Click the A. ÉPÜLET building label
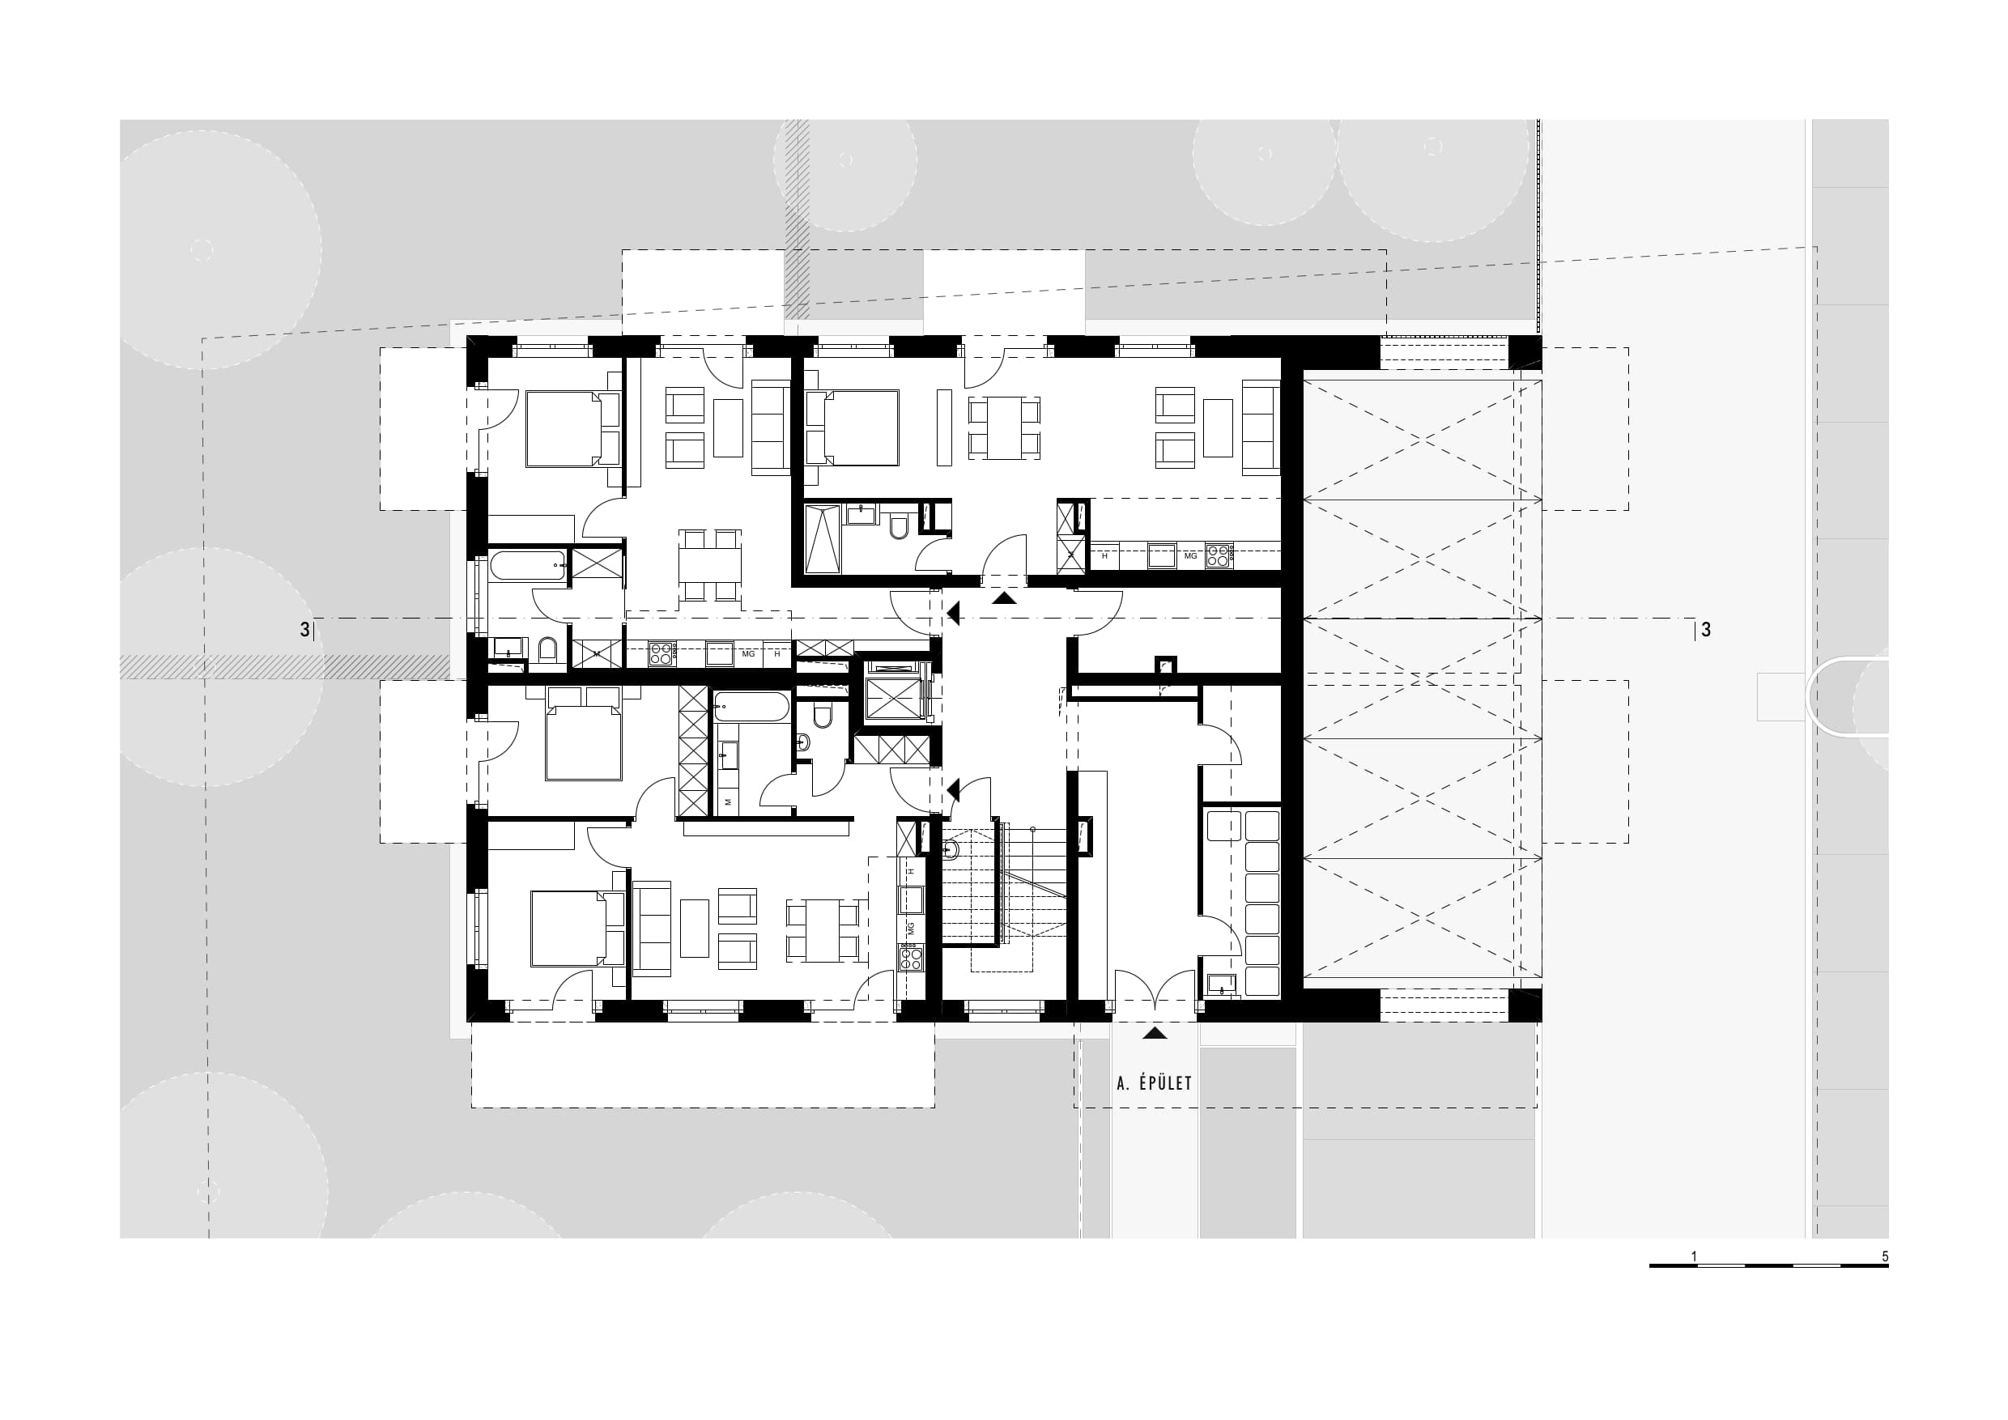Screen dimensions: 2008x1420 1155,1083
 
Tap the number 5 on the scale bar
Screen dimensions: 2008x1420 1885,1256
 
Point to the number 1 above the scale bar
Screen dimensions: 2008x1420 1694,1256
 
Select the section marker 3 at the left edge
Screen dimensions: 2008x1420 304,630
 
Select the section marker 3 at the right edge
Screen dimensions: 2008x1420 1705,630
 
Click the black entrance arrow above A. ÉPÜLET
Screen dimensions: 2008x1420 1155,1033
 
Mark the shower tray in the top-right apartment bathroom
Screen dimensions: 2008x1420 822,538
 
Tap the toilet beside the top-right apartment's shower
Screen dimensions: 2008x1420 898,526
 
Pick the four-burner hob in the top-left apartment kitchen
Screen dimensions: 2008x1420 662,654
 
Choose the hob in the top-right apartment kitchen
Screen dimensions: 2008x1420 1219,556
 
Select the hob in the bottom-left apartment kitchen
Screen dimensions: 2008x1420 910,959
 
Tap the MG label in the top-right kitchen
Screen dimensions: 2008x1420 1190,556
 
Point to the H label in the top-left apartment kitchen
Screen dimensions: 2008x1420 776,654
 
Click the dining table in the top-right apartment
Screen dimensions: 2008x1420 1005,427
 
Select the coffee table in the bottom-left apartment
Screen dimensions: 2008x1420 696,929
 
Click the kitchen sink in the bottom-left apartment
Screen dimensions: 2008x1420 910,899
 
